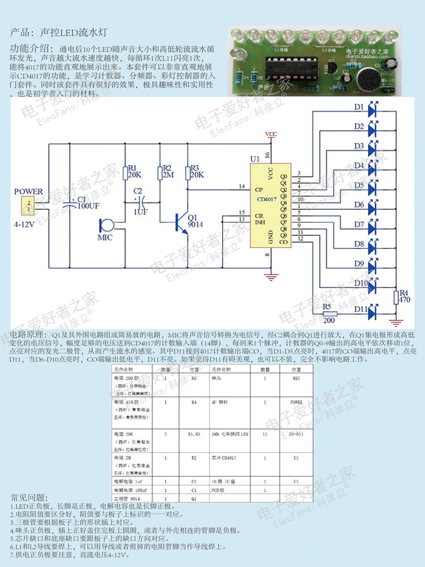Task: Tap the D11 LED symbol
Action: coord(372,311)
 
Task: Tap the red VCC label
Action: coord(271,134)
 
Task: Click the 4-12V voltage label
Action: coord(24,225)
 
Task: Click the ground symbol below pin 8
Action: coord(271,277)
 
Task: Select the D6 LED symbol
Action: coord(372,205)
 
